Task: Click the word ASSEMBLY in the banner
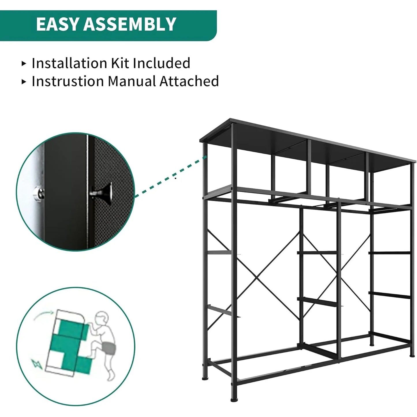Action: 130,24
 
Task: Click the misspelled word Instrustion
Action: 68,81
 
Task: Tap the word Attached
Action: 189,81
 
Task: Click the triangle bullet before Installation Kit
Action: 24,63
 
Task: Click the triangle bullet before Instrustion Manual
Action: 24,82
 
